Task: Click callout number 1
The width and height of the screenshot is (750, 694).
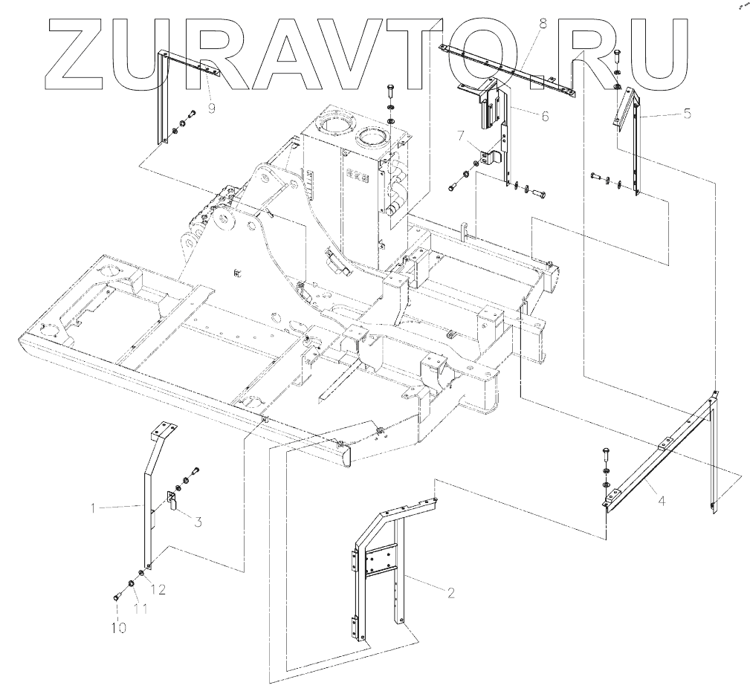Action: (x=93, y=509)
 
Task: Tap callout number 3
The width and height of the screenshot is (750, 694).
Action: (x=198, y=522)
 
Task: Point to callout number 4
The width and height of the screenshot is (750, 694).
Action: (x=662, y=501)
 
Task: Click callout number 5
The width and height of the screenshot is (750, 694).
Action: (x=687, y=114)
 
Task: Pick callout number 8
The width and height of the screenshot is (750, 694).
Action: (x=543, y=25)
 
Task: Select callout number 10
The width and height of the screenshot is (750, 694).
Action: (x=120, y=628)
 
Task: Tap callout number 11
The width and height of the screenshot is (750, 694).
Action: (x=139, y=609)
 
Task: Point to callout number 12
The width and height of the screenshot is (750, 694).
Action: (x=158, y=589)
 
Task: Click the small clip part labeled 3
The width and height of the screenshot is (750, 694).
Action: (x=171, y=501)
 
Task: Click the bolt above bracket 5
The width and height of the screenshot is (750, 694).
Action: (x=618, y=53)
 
